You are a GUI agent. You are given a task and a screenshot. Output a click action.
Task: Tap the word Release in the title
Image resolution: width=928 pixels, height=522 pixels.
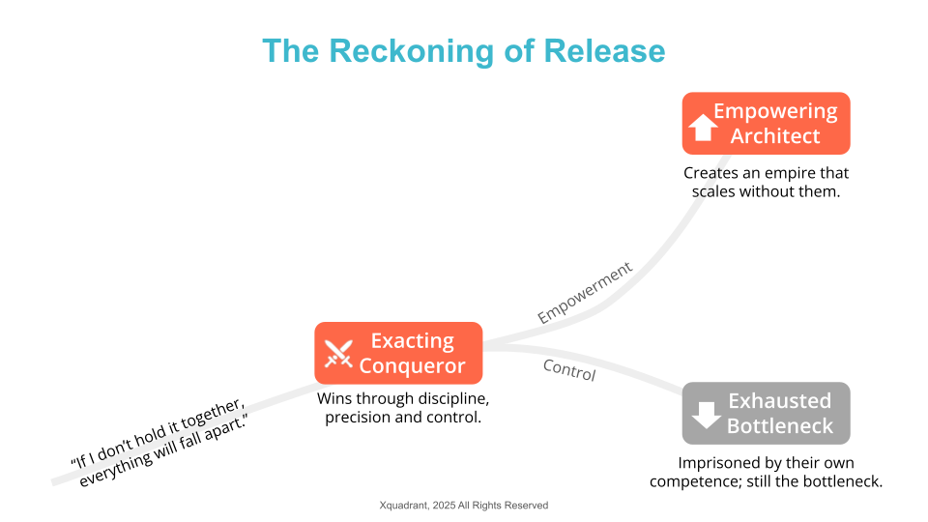coord(604,51)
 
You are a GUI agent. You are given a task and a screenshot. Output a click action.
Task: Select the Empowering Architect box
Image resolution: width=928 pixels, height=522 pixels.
coord(766,123)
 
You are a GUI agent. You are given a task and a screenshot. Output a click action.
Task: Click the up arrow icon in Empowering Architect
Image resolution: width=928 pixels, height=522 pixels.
coord(703,128)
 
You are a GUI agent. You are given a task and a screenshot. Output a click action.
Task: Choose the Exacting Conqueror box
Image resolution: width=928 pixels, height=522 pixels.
coord(398,353)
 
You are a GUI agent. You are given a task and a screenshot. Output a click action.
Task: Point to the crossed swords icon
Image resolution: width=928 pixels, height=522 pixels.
coord(338,354)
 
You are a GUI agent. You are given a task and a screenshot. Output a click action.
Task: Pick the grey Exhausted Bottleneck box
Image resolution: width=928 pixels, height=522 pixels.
coord(766,413)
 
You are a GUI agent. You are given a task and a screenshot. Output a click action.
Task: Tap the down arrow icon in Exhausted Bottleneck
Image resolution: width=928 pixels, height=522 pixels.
coord(706,415)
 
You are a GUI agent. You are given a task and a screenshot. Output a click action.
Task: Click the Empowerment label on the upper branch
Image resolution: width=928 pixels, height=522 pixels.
coord(585,292)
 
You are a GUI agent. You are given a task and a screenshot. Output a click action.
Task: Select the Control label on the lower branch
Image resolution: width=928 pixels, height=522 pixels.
coord(569,370)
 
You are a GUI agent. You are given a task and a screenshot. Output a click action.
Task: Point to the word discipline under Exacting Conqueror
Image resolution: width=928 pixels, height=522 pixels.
coord(448,399)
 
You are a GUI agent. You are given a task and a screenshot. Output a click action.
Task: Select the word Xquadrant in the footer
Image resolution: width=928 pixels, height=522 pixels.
coord(404,506)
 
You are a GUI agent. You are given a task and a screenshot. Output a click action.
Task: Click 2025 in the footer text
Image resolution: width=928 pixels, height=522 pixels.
coord(444,506)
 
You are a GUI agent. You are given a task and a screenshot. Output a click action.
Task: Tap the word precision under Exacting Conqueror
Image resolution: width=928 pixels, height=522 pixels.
coord(358,418)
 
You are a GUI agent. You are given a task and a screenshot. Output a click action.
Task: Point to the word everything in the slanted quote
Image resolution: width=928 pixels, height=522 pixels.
coord(115,469)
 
